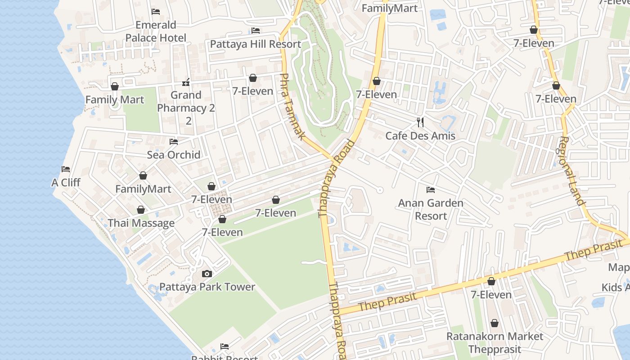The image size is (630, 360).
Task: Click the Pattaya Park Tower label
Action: (x=207, y=287)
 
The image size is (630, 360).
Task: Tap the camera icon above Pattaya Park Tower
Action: (x=207, y=274)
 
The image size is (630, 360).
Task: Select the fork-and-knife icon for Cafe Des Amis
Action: (x=420, y=122)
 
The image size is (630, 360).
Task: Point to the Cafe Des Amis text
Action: (x=420, y=135)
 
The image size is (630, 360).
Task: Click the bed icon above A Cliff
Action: (x=66, y=169)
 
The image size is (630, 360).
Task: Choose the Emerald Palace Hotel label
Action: (x=156, y=31)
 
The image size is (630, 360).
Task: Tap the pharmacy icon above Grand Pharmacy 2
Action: (x=186, y=82)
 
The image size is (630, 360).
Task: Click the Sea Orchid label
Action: (x=174, y=154)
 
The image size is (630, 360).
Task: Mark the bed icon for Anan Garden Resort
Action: (x=431, y=190)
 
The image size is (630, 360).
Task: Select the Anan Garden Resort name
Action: (x=431, y=209)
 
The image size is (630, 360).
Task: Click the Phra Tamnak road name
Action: (x=293, y=106)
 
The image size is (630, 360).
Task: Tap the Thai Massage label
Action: (x=141, y=223)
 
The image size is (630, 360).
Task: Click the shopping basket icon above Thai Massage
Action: (x=141, y=210)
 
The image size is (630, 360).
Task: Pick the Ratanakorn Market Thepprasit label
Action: (x=495, y=342)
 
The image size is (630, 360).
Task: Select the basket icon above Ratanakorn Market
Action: (x=495, y=323)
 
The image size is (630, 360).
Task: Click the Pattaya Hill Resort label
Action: (x=256, y=44)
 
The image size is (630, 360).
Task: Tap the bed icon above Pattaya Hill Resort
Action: (x=256, y=31)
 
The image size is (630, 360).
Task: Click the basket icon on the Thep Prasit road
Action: (x=491, y=281)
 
